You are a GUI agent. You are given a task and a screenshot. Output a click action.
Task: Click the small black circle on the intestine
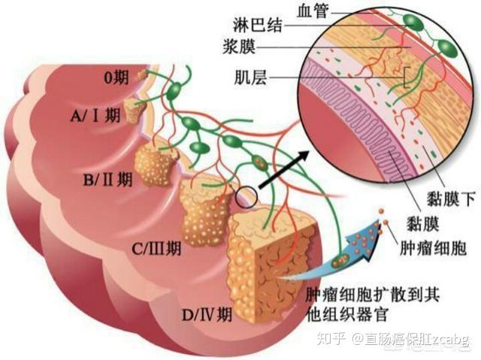point(246,198)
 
